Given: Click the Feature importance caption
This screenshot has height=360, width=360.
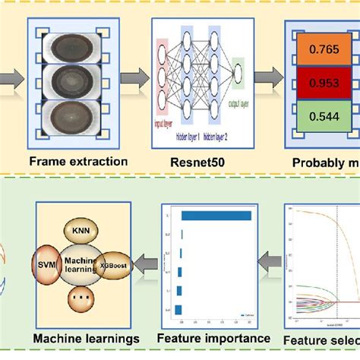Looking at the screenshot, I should point(214,337).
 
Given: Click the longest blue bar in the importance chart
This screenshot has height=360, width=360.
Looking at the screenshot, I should point(216,216).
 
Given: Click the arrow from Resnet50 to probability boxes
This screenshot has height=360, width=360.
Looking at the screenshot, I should point(264,77).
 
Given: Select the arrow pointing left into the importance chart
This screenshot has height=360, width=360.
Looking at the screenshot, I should point(269,261).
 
